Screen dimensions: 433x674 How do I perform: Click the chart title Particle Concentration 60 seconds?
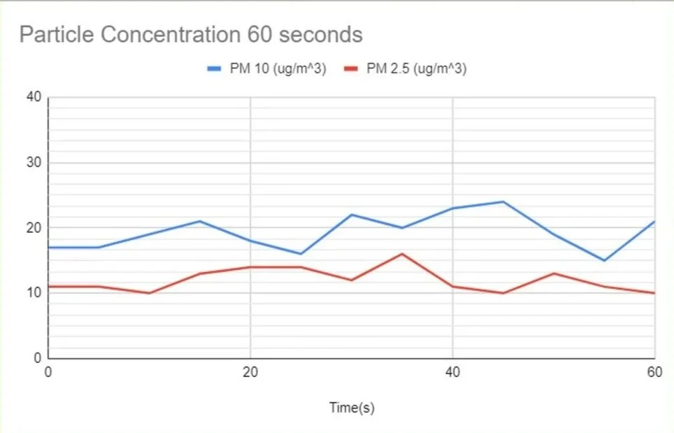click(191, 35)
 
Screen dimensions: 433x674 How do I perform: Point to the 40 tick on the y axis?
click(33, 97)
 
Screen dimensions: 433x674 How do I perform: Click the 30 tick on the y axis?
click(33, 162)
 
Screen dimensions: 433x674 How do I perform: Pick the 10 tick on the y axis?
click(33, 293)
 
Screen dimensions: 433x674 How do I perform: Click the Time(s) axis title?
click(352, 408)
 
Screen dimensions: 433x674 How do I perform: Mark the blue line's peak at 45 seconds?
click(503, 201)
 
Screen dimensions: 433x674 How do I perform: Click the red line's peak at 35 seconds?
click(401, 254)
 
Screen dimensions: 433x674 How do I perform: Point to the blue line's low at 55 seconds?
click(604, 260)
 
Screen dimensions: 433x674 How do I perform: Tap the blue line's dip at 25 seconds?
click(301, 254)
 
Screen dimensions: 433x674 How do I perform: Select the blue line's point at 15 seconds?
click(199, 221)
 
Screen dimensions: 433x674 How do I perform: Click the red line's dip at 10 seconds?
click(149, 293)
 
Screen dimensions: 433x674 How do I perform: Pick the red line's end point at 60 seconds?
click(654, 293)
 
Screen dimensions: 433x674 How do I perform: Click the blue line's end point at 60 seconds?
click(654, 221)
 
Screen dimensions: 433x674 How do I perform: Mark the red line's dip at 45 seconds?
click(503, 293)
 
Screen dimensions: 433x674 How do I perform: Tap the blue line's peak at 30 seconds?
click(351, 215)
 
